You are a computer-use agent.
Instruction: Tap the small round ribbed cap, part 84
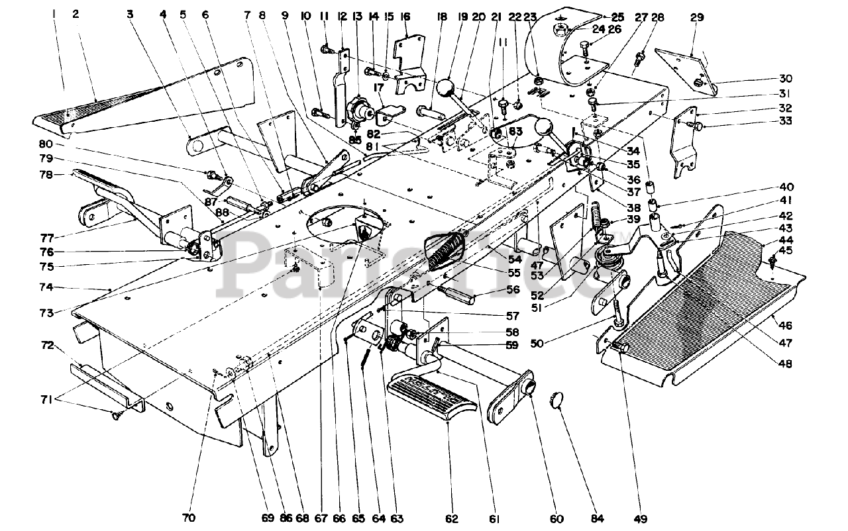pos(558,401)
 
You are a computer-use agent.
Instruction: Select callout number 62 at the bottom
pos(452,518)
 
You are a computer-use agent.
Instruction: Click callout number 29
pos(696,18)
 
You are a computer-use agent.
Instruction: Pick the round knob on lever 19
pos(447,89)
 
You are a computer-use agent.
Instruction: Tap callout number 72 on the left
pos(48,346)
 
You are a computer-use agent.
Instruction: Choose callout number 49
pos(641,518)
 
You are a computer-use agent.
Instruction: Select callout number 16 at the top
pos(405,16)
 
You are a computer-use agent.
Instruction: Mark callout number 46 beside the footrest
pos(786,325)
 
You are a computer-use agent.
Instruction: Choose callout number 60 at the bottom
pos(537,518)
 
